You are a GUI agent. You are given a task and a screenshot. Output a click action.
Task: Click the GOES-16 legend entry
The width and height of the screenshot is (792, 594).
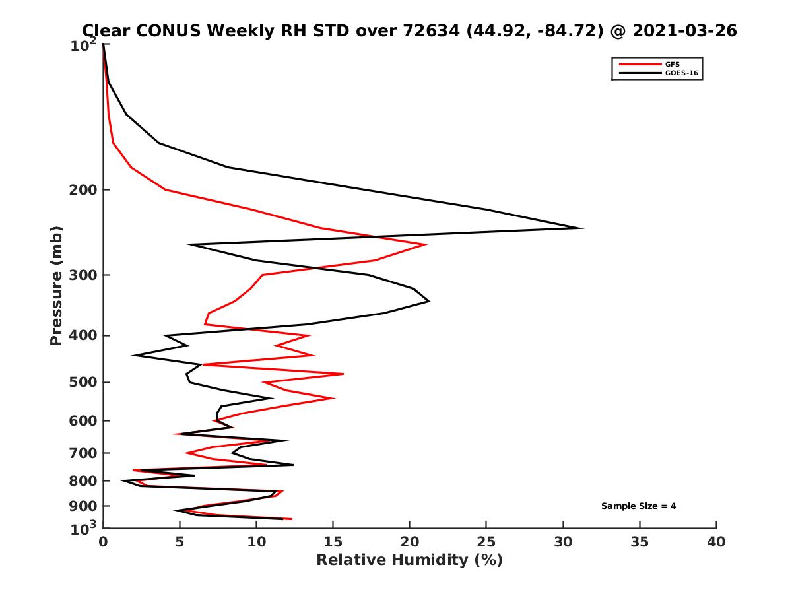click(680, 73)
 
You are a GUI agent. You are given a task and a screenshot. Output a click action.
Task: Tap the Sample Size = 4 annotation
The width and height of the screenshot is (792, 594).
click(638, 506)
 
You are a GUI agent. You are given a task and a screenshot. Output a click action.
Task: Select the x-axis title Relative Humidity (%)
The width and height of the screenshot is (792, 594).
click(409, 560)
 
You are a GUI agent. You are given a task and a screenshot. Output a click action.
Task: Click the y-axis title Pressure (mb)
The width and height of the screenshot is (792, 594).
click(56, 285)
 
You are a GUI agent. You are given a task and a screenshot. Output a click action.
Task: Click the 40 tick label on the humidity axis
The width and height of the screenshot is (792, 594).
click(716, 543)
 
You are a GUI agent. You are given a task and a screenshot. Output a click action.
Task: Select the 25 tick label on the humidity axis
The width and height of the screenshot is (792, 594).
click(486, 543)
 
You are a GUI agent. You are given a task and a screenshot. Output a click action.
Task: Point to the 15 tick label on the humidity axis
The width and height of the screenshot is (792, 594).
click(333, 543)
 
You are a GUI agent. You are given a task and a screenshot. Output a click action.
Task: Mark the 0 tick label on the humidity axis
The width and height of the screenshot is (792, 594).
click(103, 543)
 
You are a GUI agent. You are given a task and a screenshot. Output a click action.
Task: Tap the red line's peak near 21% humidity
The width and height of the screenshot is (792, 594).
click(426, 245)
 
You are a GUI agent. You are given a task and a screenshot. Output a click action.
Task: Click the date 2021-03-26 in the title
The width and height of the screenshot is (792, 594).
click(684, 30)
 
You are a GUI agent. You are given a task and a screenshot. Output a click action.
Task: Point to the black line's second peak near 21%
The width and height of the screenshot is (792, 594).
click(429, 301)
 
